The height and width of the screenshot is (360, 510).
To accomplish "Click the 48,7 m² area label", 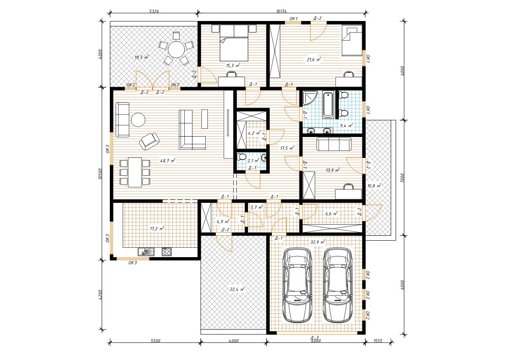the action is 167,160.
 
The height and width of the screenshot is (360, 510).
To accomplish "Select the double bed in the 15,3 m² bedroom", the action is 234,43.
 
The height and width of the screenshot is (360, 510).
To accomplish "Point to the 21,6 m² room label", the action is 314,59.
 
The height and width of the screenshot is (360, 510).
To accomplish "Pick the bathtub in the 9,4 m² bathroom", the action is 328,105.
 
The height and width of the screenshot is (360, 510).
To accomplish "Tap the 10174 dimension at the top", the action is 281,11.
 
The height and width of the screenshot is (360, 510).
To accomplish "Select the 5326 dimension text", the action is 154,11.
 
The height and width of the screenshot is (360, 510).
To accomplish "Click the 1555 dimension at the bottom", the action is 378,341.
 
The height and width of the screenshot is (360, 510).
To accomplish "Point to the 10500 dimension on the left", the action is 100,174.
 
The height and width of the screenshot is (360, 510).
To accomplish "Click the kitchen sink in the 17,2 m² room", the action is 146,252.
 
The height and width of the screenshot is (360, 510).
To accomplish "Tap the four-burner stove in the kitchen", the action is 167,252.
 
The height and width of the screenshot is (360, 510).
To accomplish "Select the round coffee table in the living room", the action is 138,120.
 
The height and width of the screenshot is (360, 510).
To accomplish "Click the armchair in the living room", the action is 149,141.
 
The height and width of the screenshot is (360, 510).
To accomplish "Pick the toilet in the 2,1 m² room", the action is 241,157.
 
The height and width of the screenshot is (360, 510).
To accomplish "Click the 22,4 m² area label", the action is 237,289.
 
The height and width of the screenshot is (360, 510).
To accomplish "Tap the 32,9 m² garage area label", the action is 318,242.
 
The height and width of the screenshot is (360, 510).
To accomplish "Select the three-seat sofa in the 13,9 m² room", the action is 334,144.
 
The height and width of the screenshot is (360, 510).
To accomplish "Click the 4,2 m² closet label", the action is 254,133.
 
